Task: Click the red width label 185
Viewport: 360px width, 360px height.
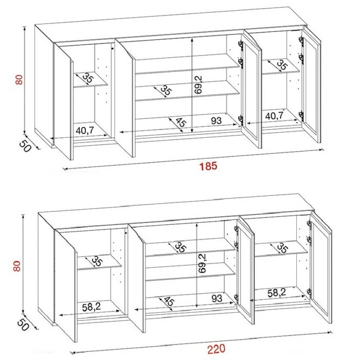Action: [208, 166]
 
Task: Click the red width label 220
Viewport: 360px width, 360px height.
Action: [216, 349]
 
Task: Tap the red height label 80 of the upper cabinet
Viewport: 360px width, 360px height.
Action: [20, 79]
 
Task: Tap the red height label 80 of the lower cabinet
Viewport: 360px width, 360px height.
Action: [17, 266]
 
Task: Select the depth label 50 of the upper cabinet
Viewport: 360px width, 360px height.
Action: [25, 146]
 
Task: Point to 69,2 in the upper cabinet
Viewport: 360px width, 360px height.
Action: [199, 85]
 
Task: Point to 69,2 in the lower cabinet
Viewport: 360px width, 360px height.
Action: [202, 263]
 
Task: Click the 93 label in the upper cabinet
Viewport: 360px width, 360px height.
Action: [217, 120]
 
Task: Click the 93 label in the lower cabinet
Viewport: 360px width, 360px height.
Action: [217, 298]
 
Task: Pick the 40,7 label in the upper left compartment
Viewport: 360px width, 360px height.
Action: [85, 131]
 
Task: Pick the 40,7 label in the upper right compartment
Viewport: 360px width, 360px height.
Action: [275, 116]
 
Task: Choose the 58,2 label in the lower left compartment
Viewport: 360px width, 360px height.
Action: [92, 307]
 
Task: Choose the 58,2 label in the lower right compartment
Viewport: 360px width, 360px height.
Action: [277, 293]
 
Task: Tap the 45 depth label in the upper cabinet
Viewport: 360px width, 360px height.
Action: [181, 122]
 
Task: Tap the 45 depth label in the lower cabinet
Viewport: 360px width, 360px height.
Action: [169, 301]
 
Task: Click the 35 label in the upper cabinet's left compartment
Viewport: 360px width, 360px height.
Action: [88, 78]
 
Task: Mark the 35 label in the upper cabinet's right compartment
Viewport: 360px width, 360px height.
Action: [282, 65]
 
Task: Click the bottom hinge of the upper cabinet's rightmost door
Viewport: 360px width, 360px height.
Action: [301, 116]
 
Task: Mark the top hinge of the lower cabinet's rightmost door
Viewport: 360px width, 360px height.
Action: [309, 224]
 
